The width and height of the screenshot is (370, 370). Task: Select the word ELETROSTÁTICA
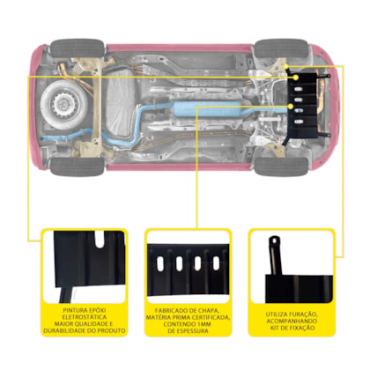pos(85,317)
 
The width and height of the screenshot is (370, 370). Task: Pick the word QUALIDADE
pos(89,324)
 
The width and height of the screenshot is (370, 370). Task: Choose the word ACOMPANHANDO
pos(292,322)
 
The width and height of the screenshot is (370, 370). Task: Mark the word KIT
pos(275,328)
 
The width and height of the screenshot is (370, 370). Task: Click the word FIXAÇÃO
pos(302,328)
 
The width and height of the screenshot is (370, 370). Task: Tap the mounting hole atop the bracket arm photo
pos(275,240)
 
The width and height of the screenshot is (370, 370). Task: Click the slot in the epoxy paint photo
pos(100,240)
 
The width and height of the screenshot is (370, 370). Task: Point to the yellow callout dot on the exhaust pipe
pos(291,106)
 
